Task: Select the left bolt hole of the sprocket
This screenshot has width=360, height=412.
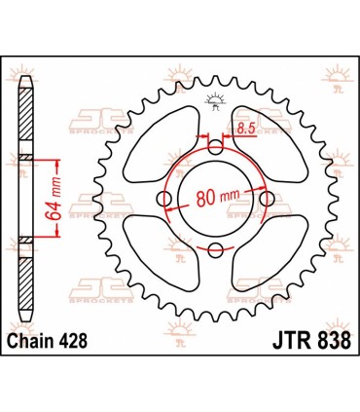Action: click(164, 199)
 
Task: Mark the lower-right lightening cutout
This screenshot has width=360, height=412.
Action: click(272, 255)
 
